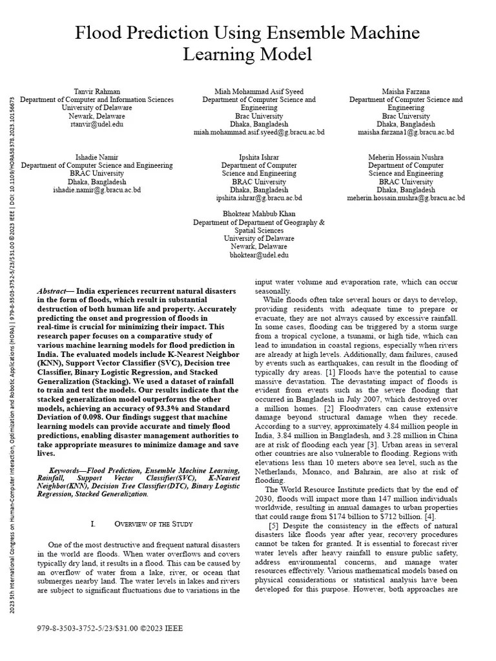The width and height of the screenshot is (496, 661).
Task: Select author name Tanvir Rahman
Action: point(96,92)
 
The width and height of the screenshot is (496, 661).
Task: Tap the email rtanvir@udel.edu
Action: point(96,125)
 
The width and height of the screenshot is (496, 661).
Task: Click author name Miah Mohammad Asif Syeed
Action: point(259,92)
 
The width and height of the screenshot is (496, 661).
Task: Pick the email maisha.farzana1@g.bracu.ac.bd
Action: point(406,132)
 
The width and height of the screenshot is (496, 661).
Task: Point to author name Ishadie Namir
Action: point(96,158)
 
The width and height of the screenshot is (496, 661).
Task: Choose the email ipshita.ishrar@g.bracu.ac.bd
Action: point(259,198)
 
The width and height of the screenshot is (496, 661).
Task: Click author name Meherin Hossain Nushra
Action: point(406,158)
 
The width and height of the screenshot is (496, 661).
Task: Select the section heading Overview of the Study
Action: point(153,523)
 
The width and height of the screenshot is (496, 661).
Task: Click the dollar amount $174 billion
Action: point(344,516)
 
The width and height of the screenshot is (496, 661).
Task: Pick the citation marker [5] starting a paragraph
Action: point(274,526)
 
